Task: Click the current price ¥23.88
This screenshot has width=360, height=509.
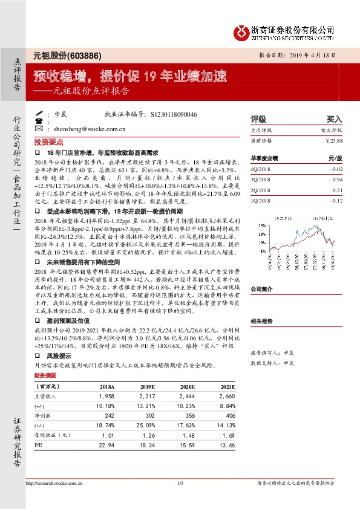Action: [x=334, y=140]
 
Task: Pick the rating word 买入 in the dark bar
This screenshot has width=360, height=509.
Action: [x=334, y=120]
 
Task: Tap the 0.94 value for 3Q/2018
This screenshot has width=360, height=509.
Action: [x=337, y=180]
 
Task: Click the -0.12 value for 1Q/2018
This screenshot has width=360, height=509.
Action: [x=336, y=200]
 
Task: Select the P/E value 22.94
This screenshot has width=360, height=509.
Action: [x=105, y=444]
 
